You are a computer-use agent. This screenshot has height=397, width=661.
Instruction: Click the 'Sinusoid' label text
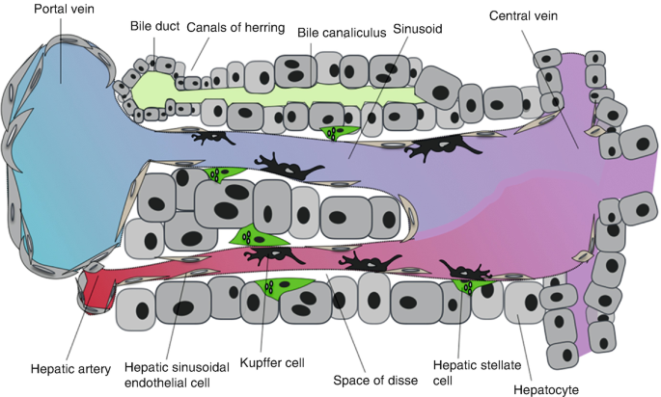point(418,30)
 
